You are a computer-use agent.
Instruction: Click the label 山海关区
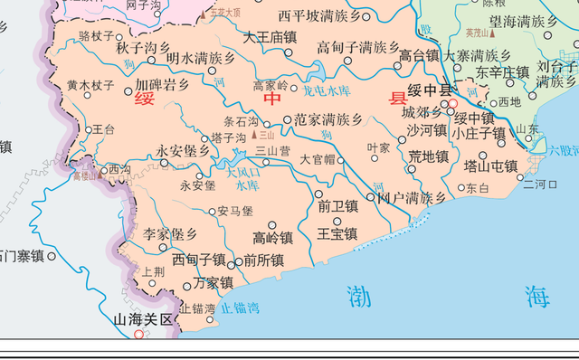[142, 319]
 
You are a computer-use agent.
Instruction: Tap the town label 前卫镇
[337, 207]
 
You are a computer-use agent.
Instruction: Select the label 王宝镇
[337, 233]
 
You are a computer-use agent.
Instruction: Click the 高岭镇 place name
[272, 238]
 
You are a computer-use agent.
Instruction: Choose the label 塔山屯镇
[490, 166]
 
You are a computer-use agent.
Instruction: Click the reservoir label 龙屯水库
[326, 91]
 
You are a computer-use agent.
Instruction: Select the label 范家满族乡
[328, 119]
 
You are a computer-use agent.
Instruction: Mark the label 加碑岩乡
[162, 85]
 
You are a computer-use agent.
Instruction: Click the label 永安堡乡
[184, 151]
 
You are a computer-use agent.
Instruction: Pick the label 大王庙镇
[270, 38]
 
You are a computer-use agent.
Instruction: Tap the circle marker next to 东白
[460, 188]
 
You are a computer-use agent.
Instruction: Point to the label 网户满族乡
[412, 197]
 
